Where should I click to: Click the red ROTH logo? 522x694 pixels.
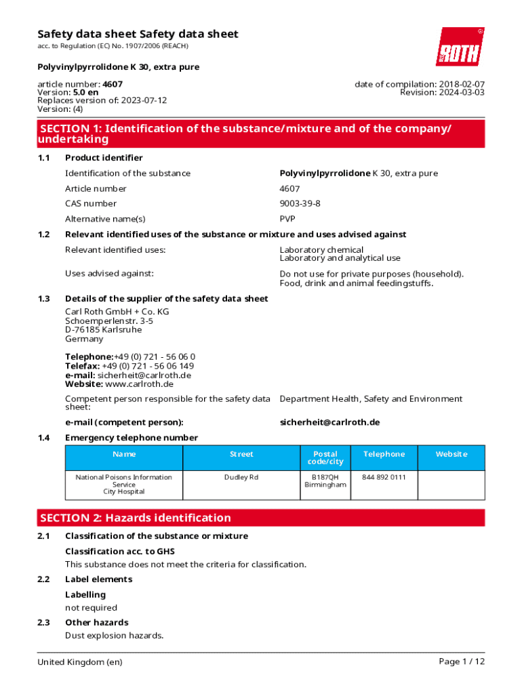(460, 47)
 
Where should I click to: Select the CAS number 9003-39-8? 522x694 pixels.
(300, 203)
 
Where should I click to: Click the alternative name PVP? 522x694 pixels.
(287, 219)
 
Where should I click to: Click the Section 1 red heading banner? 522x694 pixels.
(261, 134)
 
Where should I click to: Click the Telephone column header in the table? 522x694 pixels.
(384, 454)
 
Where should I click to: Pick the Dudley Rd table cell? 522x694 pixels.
(241, 477)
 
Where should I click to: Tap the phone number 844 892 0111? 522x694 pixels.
(384, 477)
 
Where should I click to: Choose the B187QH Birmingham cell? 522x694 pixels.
(325, 481)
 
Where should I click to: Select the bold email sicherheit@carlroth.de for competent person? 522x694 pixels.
(329, 422)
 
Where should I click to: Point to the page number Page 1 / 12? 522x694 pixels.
(462, 661)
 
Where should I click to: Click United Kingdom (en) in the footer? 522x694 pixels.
(80, 661)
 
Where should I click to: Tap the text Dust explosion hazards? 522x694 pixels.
(114, 636)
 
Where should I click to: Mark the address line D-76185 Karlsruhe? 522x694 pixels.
(103, 330)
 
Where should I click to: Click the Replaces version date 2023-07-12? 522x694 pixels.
(144, 100)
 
